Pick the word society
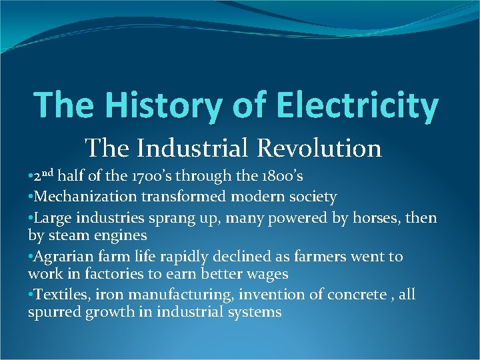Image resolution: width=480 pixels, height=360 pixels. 311,197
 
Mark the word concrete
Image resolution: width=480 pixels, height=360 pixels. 356,294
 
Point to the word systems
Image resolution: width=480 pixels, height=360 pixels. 253,312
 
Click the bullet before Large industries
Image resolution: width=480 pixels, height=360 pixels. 31,218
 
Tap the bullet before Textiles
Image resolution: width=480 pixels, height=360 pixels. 31,295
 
